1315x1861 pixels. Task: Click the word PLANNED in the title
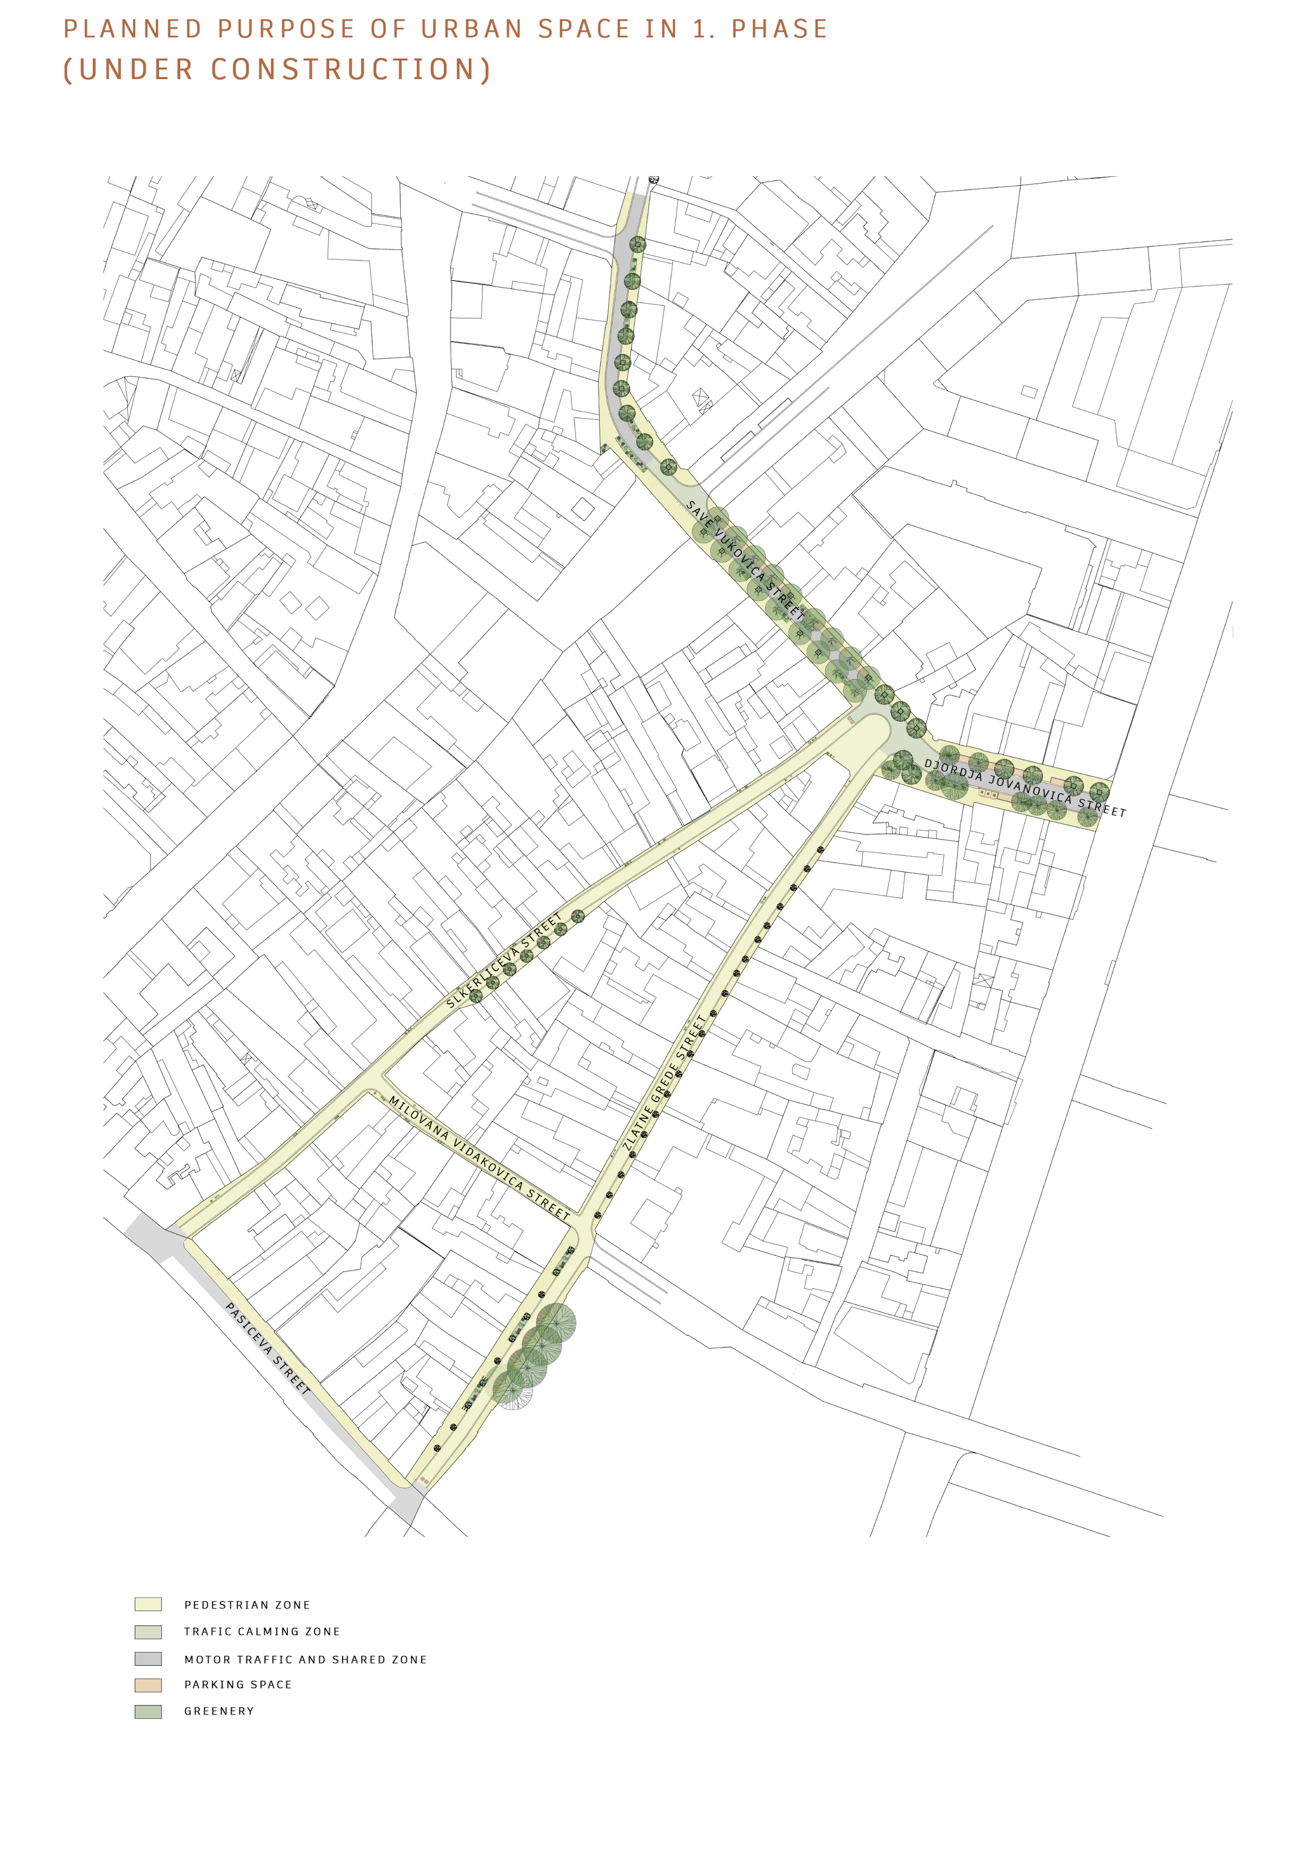coord(133,29)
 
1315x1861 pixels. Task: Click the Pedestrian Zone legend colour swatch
coord(148,1604)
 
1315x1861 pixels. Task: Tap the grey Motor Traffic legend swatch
coord(148,1659)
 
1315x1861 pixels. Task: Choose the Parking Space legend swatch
coord(148,1685)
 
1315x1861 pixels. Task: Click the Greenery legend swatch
coord(148,1712)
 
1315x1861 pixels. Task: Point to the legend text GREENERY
coord(219,1711)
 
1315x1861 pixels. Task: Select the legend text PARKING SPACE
coord(237,1684)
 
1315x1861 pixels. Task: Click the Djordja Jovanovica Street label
coord(1025,787)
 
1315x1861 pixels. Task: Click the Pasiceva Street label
coord(266,1348)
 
